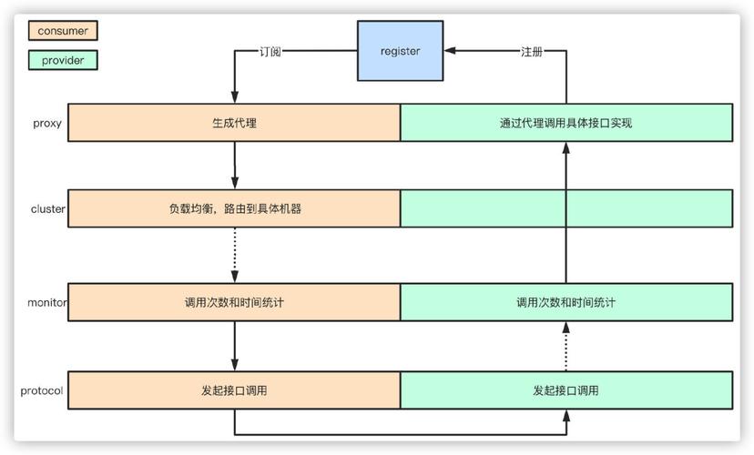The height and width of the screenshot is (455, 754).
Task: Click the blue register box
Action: click(x=400, y=51)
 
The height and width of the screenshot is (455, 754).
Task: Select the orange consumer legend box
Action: click(x=63, y=31)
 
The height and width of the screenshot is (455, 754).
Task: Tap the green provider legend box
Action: click(x=63, y=60)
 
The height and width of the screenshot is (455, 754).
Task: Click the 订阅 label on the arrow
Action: click(x=270, y=52)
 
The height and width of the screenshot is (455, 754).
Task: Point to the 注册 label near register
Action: click(x=532, y=52)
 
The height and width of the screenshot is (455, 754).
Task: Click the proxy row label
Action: click(x=46, y=123)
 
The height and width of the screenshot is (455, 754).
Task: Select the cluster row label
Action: click(x=48, y=208)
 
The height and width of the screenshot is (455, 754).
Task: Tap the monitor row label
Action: click(x=47, y=302)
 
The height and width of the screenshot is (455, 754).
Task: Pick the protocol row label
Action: click(x=42, y=390)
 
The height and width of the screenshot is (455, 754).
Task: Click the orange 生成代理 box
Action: click(x=234, y=123)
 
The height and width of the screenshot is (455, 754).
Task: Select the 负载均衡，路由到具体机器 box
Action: click(x=234, y=208)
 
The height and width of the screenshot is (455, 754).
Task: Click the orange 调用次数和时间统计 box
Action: click(x=234, y=302)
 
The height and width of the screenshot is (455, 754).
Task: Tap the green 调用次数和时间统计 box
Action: click(x=565, y=302)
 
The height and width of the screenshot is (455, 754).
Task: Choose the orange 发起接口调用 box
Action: click(x=234, y=390)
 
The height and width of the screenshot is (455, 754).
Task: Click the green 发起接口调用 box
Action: click(x=565, y=390)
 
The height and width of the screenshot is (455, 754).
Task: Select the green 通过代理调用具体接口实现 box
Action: click(x=565, y=123)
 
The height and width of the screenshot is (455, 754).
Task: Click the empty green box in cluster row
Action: click(x=565, y=208)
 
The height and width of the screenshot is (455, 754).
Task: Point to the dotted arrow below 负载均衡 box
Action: click(x=235, y=255)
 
